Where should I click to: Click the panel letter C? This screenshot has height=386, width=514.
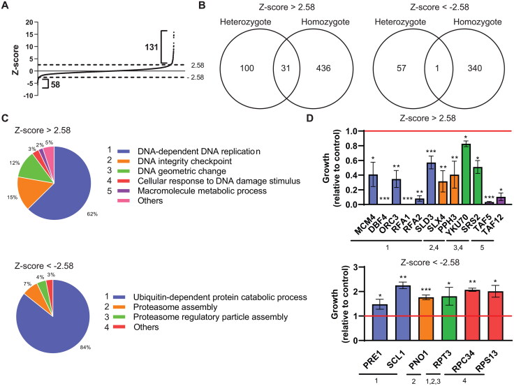pyautogui.click(x=6, y=116)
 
